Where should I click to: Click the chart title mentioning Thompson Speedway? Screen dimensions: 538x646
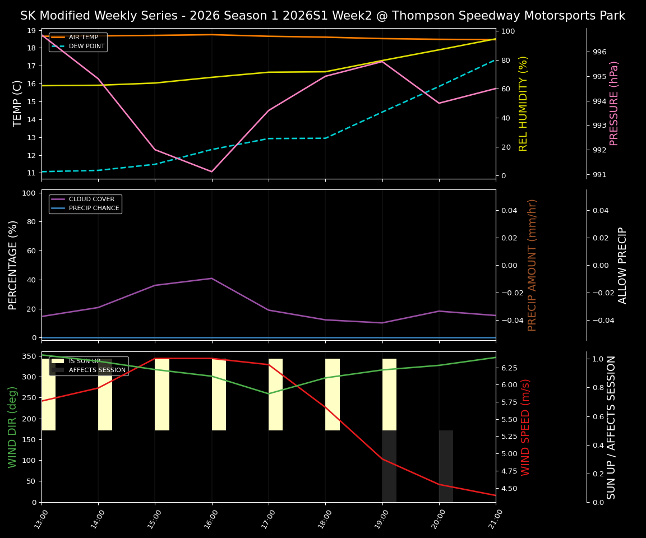click(322, 16)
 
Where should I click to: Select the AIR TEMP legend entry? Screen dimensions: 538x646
click(83, 38)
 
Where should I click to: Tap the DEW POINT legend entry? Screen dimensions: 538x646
click(86, 47)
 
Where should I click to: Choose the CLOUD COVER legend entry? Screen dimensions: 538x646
click(91, 200)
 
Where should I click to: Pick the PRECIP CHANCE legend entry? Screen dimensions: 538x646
click(94, 208)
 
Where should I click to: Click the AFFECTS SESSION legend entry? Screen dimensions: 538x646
click(97, 370)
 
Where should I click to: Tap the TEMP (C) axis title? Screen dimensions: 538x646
click(18, 103)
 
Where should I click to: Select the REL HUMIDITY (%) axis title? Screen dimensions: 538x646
click(523, 103)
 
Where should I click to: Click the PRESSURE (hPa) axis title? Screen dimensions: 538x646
click(614, 103)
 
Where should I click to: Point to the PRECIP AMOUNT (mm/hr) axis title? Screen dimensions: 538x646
click(532, 265)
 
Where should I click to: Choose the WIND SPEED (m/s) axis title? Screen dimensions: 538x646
click(525, 427)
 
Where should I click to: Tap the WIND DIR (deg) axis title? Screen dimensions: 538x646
click(12, 427)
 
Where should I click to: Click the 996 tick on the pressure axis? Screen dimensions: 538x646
click(599, 52)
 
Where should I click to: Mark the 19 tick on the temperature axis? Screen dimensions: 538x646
click(31, 30)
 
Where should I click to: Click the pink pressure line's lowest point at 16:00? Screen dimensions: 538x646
click(211, 171)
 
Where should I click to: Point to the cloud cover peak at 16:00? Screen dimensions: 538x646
click(211, 279)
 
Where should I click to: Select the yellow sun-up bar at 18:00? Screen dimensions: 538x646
click(333, 395)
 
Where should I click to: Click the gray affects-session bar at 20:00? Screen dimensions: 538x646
click(446, 466)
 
